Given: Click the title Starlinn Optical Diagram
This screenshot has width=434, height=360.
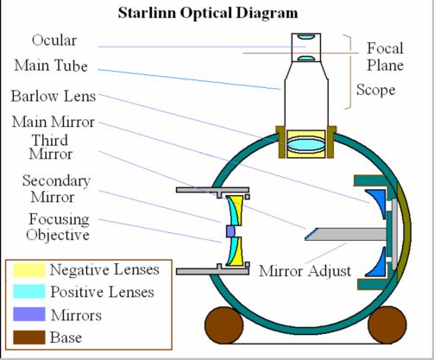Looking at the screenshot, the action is coord(208,13).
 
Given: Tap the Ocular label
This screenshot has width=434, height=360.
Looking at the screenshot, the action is coord(54,41).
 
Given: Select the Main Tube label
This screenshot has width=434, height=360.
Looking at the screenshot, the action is coord(51,66).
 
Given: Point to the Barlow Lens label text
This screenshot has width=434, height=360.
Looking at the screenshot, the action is coord(53,96).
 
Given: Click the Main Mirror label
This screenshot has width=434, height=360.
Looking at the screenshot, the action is coord(53,122).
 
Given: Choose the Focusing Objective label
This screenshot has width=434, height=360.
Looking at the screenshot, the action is coord(58,227).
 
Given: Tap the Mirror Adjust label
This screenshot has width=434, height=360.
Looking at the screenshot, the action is coord(305,271).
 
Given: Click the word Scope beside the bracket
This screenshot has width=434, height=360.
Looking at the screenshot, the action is coord(375,90).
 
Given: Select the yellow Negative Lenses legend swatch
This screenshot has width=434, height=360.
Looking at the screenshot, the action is coord(29,270).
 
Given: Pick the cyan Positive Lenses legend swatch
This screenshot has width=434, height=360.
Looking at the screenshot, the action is coord(29,292).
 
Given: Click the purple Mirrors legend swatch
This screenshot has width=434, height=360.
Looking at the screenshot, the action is coord(29,314).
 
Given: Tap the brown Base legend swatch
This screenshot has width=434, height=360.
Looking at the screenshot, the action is coord(29,338).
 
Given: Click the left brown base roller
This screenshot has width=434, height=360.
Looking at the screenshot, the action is coord(224,325).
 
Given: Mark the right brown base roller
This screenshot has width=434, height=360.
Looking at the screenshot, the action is coord(387,325).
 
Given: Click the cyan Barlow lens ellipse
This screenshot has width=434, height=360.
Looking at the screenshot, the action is coord(306,144).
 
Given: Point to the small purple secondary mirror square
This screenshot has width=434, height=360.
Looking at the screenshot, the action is coord(230,231).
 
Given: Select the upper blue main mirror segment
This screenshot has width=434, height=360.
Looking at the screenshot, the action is coord(378,201).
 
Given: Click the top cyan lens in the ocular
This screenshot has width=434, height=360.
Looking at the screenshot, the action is coord(306,36).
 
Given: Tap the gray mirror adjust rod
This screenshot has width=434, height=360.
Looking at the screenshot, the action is coord(347,234).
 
